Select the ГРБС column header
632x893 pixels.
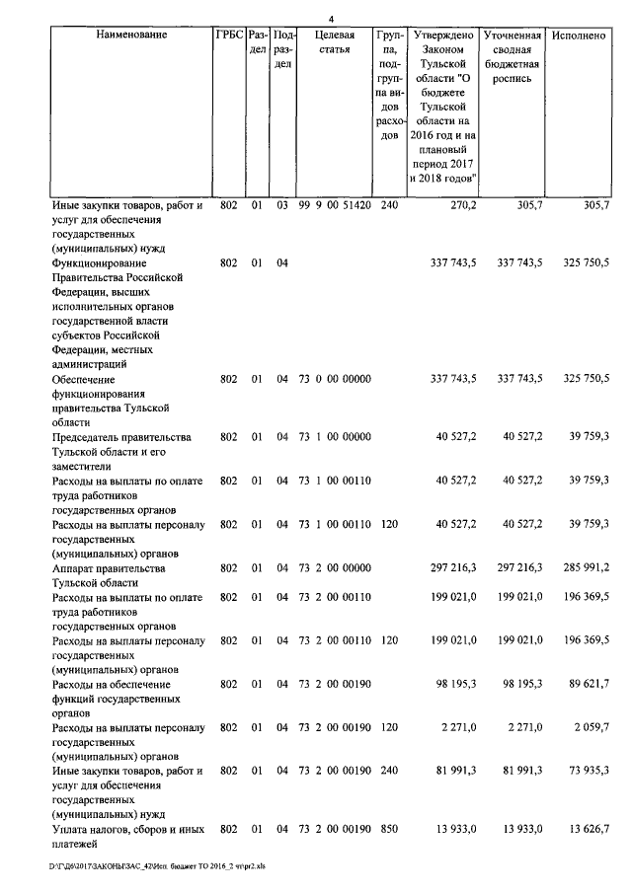tap(229, 35)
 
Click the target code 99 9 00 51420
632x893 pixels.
tap(334, 207)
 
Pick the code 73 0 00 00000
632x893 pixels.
tap(334, 379)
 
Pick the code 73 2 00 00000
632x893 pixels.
tap(334, 569)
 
